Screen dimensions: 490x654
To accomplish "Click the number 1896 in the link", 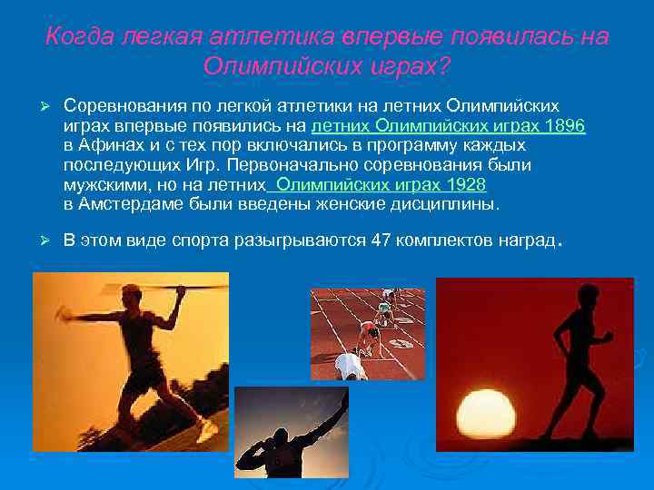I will (567, 125).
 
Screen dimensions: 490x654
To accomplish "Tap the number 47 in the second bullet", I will (380, 240).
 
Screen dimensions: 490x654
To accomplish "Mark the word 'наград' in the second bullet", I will (525, 240).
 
